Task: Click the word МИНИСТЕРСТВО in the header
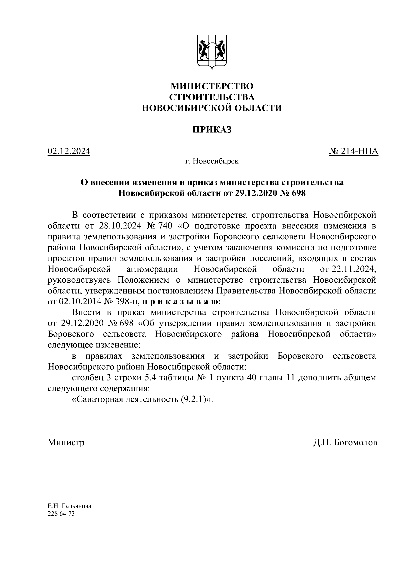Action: (x=212, y=86)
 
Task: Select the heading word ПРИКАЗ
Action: (x=212, y=130)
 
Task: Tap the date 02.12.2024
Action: (x=69, y=151)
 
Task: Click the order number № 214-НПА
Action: (x=354, y=151)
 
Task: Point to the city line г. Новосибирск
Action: (x=212, y=162)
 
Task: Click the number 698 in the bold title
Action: (x=298, y=193)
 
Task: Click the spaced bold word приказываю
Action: (x=181, y=302)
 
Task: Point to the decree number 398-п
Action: (x=128, y=302)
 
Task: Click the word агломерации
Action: (x=152, y=269)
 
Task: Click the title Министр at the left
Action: (x=66, y=443)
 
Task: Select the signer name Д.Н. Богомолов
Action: (x=345, y=443)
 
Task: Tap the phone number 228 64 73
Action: (x=61, y=514)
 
